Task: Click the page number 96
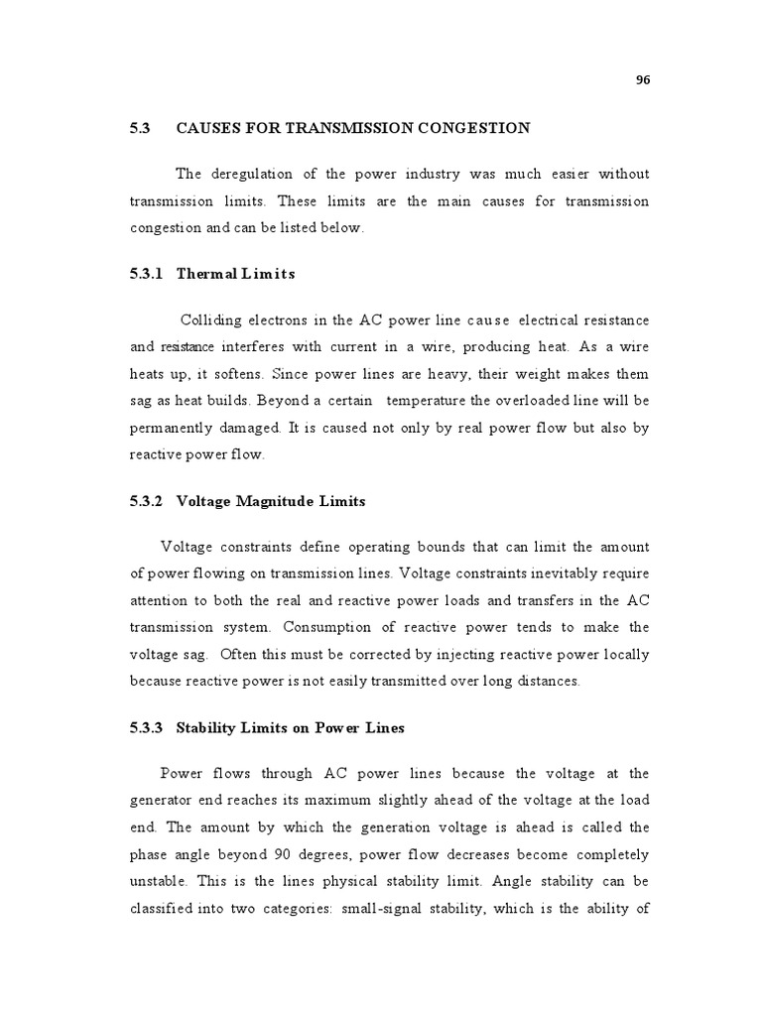point(642,81)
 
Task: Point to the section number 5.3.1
point(146,274)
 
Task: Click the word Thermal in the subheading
point(205,274)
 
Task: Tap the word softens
point(243,373)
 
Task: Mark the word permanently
point(170,427)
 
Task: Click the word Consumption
point(327,628)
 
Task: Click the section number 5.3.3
point(146,728)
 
